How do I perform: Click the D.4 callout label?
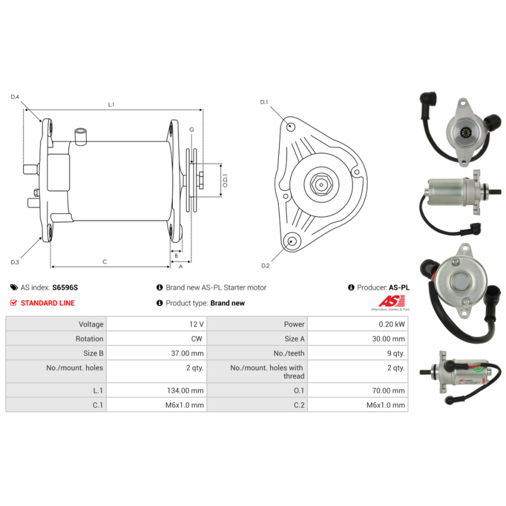tap(15, 97)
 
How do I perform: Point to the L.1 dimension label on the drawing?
tap(111, 104)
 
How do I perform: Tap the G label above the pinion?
tap(192, 130)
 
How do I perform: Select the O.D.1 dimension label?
tap(225, 181)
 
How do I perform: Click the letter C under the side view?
tap(104, 262)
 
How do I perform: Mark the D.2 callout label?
tap(265, 266)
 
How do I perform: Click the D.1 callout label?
tap(264, 102)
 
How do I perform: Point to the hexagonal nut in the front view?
tap(321, 185)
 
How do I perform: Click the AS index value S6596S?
tap(65, 288)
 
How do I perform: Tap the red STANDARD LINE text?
tap(48, 303)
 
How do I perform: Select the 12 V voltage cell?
tap(196, 324)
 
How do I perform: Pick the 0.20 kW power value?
tap(392, 324)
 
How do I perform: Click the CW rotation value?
tap(197, 339)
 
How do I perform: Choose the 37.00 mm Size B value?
tap(187, 354)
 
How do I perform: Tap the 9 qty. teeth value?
tap(396, 354)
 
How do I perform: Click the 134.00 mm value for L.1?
tap(185, 391)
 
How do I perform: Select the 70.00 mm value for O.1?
tap(388, 391)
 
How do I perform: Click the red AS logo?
tap(392, 302)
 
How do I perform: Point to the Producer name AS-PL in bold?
tap(399, 288)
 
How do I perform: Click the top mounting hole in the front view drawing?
tap(291, 126)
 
